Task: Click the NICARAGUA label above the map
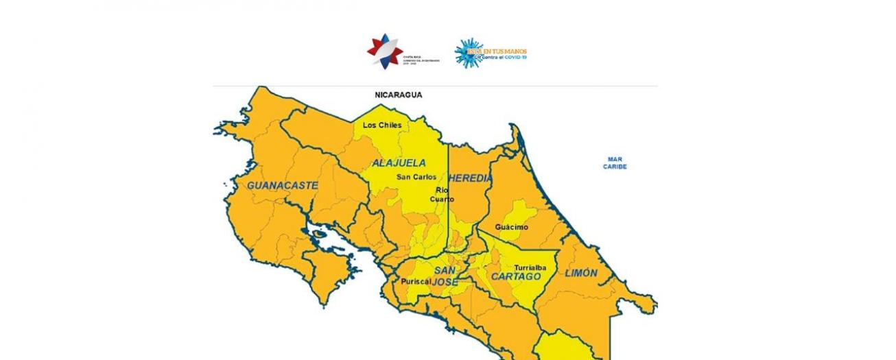[x=398, y=95]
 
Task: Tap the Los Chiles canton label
[x=382, y=125]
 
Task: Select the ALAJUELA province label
[x=399, y=163]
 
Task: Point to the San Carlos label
[x=416, y=177]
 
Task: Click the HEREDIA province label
[x=470, y=178]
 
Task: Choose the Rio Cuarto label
[x=443, y=195]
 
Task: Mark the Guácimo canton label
[x=512, y=227]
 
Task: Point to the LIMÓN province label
[x=580, y=273]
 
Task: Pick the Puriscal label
[x=416, y=281]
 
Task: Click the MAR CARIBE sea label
[x=615, y=163]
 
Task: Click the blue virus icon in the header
[x=468, y=52]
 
